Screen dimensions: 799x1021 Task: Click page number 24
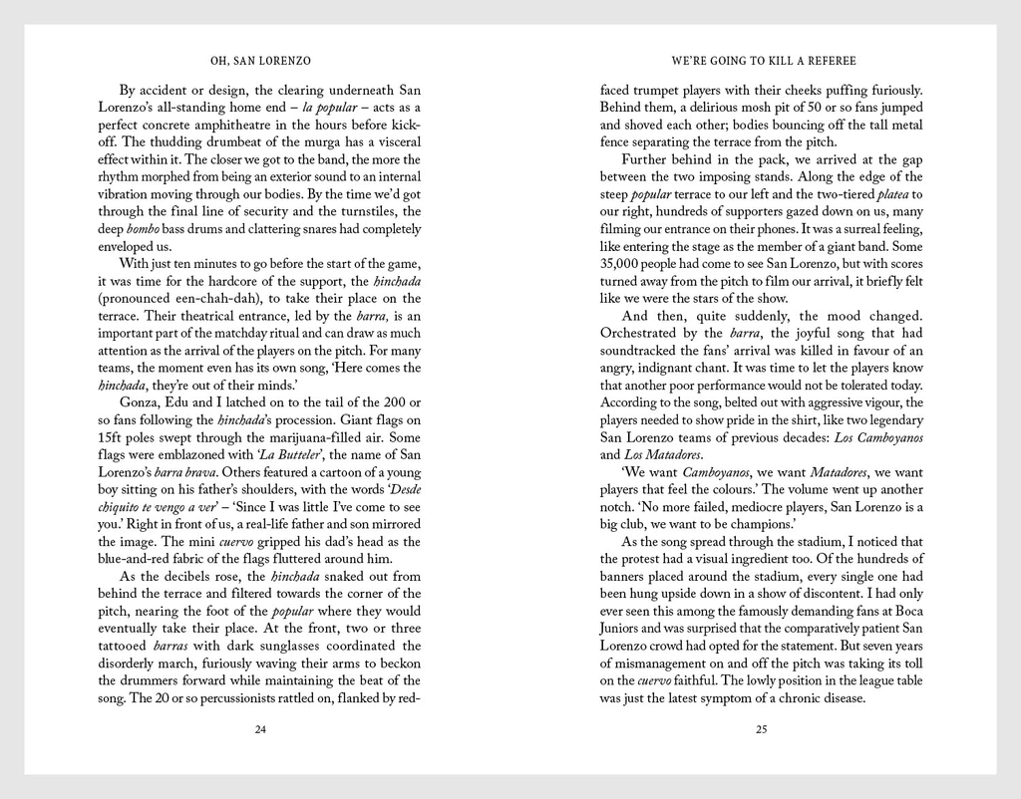click(x=260, y=729)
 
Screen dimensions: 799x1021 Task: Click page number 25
click(x=761, y=729)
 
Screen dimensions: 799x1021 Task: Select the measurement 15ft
click(x=116, y=437)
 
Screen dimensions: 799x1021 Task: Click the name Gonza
click(x=140, y=402)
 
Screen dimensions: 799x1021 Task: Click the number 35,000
click(x=624, y=263)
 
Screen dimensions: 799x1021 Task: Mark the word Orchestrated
click(x=644, y=333)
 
